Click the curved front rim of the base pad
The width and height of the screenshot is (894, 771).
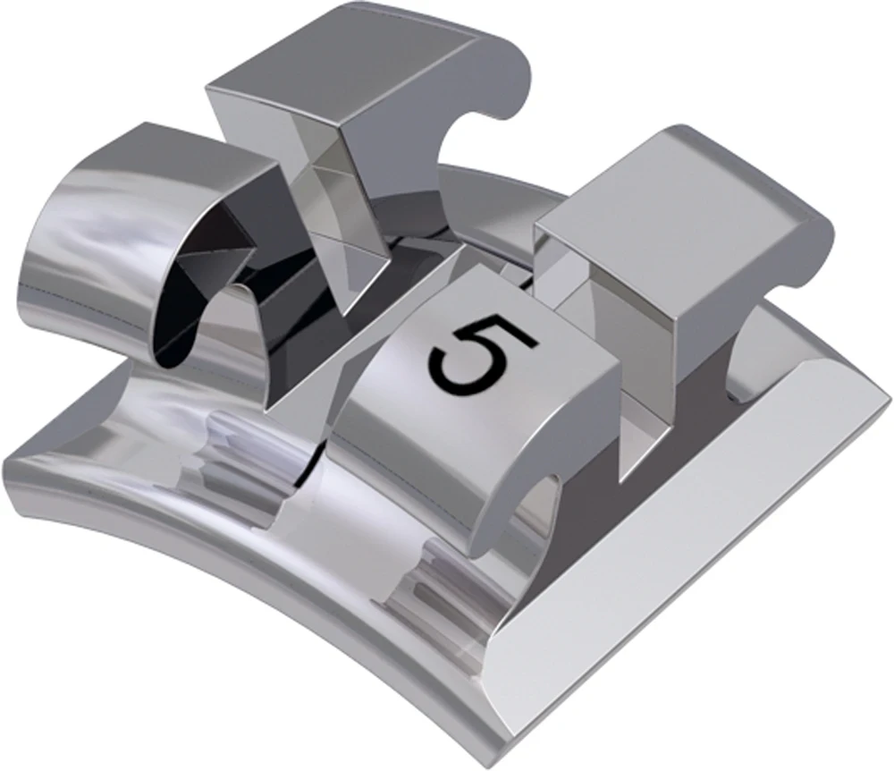223,572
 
